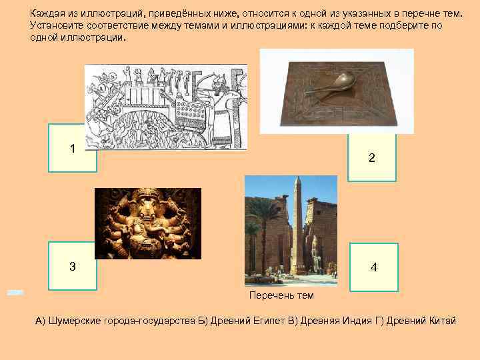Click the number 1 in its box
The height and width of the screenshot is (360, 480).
(72, 149)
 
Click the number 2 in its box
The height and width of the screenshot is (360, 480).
(371, 159)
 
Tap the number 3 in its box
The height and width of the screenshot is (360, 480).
(72, 266)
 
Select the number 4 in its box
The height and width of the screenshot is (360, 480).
(373, 267)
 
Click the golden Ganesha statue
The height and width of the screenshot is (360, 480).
(147, 223)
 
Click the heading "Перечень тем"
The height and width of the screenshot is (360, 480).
(281, 295)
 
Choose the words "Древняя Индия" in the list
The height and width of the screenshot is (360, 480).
(330, 321)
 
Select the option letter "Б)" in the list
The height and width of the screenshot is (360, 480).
(203, 321)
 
